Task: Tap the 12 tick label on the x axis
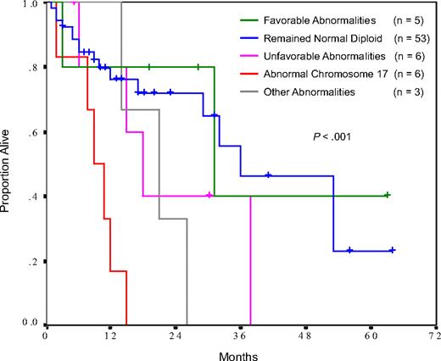tap(109, 336)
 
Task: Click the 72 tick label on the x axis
tap(433, 336)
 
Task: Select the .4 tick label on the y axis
tap(32, 196)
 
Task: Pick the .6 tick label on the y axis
tap(32, 132)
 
